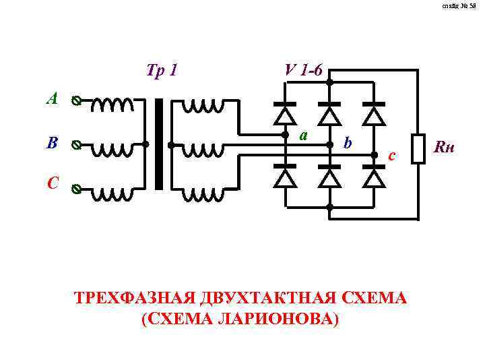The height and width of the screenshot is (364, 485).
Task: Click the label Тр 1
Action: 161,69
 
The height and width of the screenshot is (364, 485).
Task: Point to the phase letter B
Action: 53,144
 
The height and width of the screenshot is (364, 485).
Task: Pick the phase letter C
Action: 53,183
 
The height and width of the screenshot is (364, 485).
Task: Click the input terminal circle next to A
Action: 76,102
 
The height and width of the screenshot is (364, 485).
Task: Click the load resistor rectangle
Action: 418,148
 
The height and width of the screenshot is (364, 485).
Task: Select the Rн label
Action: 445,146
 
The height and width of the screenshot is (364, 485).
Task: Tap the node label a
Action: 304,135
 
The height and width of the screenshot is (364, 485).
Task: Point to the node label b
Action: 346,143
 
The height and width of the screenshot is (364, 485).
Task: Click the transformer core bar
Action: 159,144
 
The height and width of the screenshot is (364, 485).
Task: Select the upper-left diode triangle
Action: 286,115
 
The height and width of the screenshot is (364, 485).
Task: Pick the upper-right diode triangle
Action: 374,115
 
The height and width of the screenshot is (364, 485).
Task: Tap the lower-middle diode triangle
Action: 329,177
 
